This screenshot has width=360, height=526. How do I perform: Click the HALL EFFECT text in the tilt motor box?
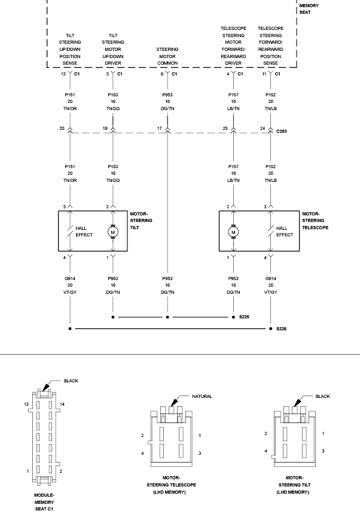[x=84, y=232]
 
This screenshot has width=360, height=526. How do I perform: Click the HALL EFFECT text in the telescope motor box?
[x=285, y=232]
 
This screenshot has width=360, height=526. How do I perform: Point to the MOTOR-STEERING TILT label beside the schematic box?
[x=141, y=220]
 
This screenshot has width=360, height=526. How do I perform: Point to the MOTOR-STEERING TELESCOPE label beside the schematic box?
[x=315, y=220]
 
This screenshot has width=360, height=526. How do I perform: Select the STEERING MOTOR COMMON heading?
[x=167, y=56]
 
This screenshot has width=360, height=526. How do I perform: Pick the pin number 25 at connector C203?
[x=225, y=129]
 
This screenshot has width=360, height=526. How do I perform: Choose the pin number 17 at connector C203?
[x=159, y=129]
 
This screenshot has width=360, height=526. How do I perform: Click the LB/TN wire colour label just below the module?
[x=234, y=108]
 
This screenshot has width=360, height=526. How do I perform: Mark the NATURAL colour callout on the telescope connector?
[x=202, y=396]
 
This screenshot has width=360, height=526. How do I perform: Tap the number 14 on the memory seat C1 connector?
[x=62, y=405]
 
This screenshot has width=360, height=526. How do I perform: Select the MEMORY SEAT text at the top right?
[x=309, y=8]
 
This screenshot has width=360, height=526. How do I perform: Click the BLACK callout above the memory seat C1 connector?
[x=71, y=381]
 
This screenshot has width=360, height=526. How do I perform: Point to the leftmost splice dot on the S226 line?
[x=70, y=329]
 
